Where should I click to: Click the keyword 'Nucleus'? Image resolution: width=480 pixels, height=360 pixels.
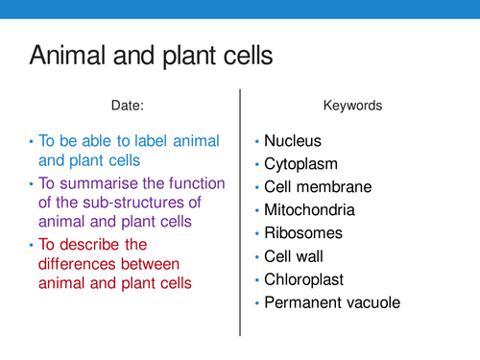[x=294, y=141]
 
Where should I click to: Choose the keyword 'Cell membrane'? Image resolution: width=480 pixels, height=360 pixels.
[x=318, y=187]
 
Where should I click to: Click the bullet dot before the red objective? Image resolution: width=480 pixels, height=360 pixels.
[x=30, y=243]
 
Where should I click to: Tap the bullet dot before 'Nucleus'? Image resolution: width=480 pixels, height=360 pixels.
[x=256, y=142]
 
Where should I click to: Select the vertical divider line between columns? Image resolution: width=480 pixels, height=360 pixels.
[x=240, y=211]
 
